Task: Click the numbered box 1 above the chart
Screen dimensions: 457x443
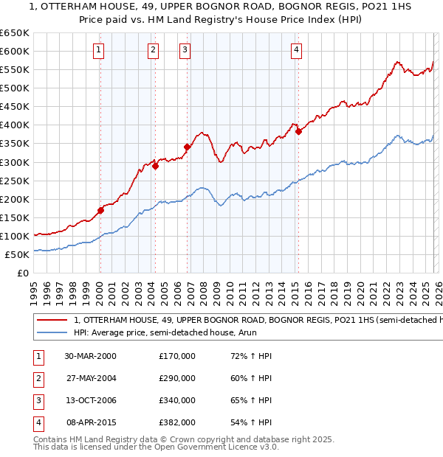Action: tap(99, 50)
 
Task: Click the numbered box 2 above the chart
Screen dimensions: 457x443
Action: tap(153, 50)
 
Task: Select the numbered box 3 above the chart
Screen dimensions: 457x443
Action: tap(185, 50)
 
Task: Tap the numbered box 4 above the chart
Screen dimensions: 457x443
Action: tap(295, 50)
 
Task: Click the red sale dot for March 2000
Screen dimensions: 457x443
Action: tap(100, 210)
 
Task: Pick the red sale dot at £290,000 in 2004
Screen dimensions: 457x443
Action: tap(155, 166)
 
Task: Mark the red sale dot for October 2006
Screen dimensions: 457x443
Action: tap(187, 147)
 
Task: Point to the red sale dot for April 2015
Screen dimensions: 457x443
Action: tap(298, 132)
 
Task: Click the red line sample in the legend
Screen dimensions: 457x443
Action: tap(52, 321)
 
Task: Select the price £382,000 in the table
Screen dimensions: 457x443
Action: tap(177, 422)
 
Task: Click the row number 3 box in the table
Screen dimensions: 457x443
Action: tap(37, 400)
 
